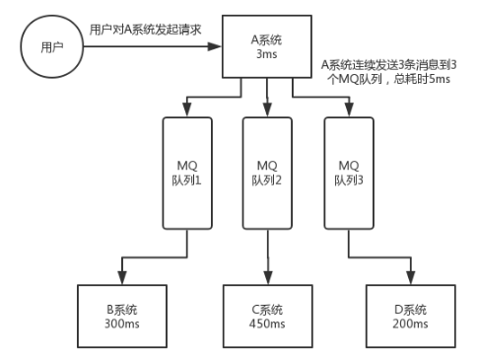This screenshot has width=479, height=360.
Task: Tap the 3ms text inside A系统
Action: point(267,58)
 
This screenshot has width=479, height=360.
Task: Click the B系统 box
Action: point(119,313)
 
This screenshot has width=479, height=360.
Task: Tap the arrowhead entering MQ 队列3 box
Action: point(349,109)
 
